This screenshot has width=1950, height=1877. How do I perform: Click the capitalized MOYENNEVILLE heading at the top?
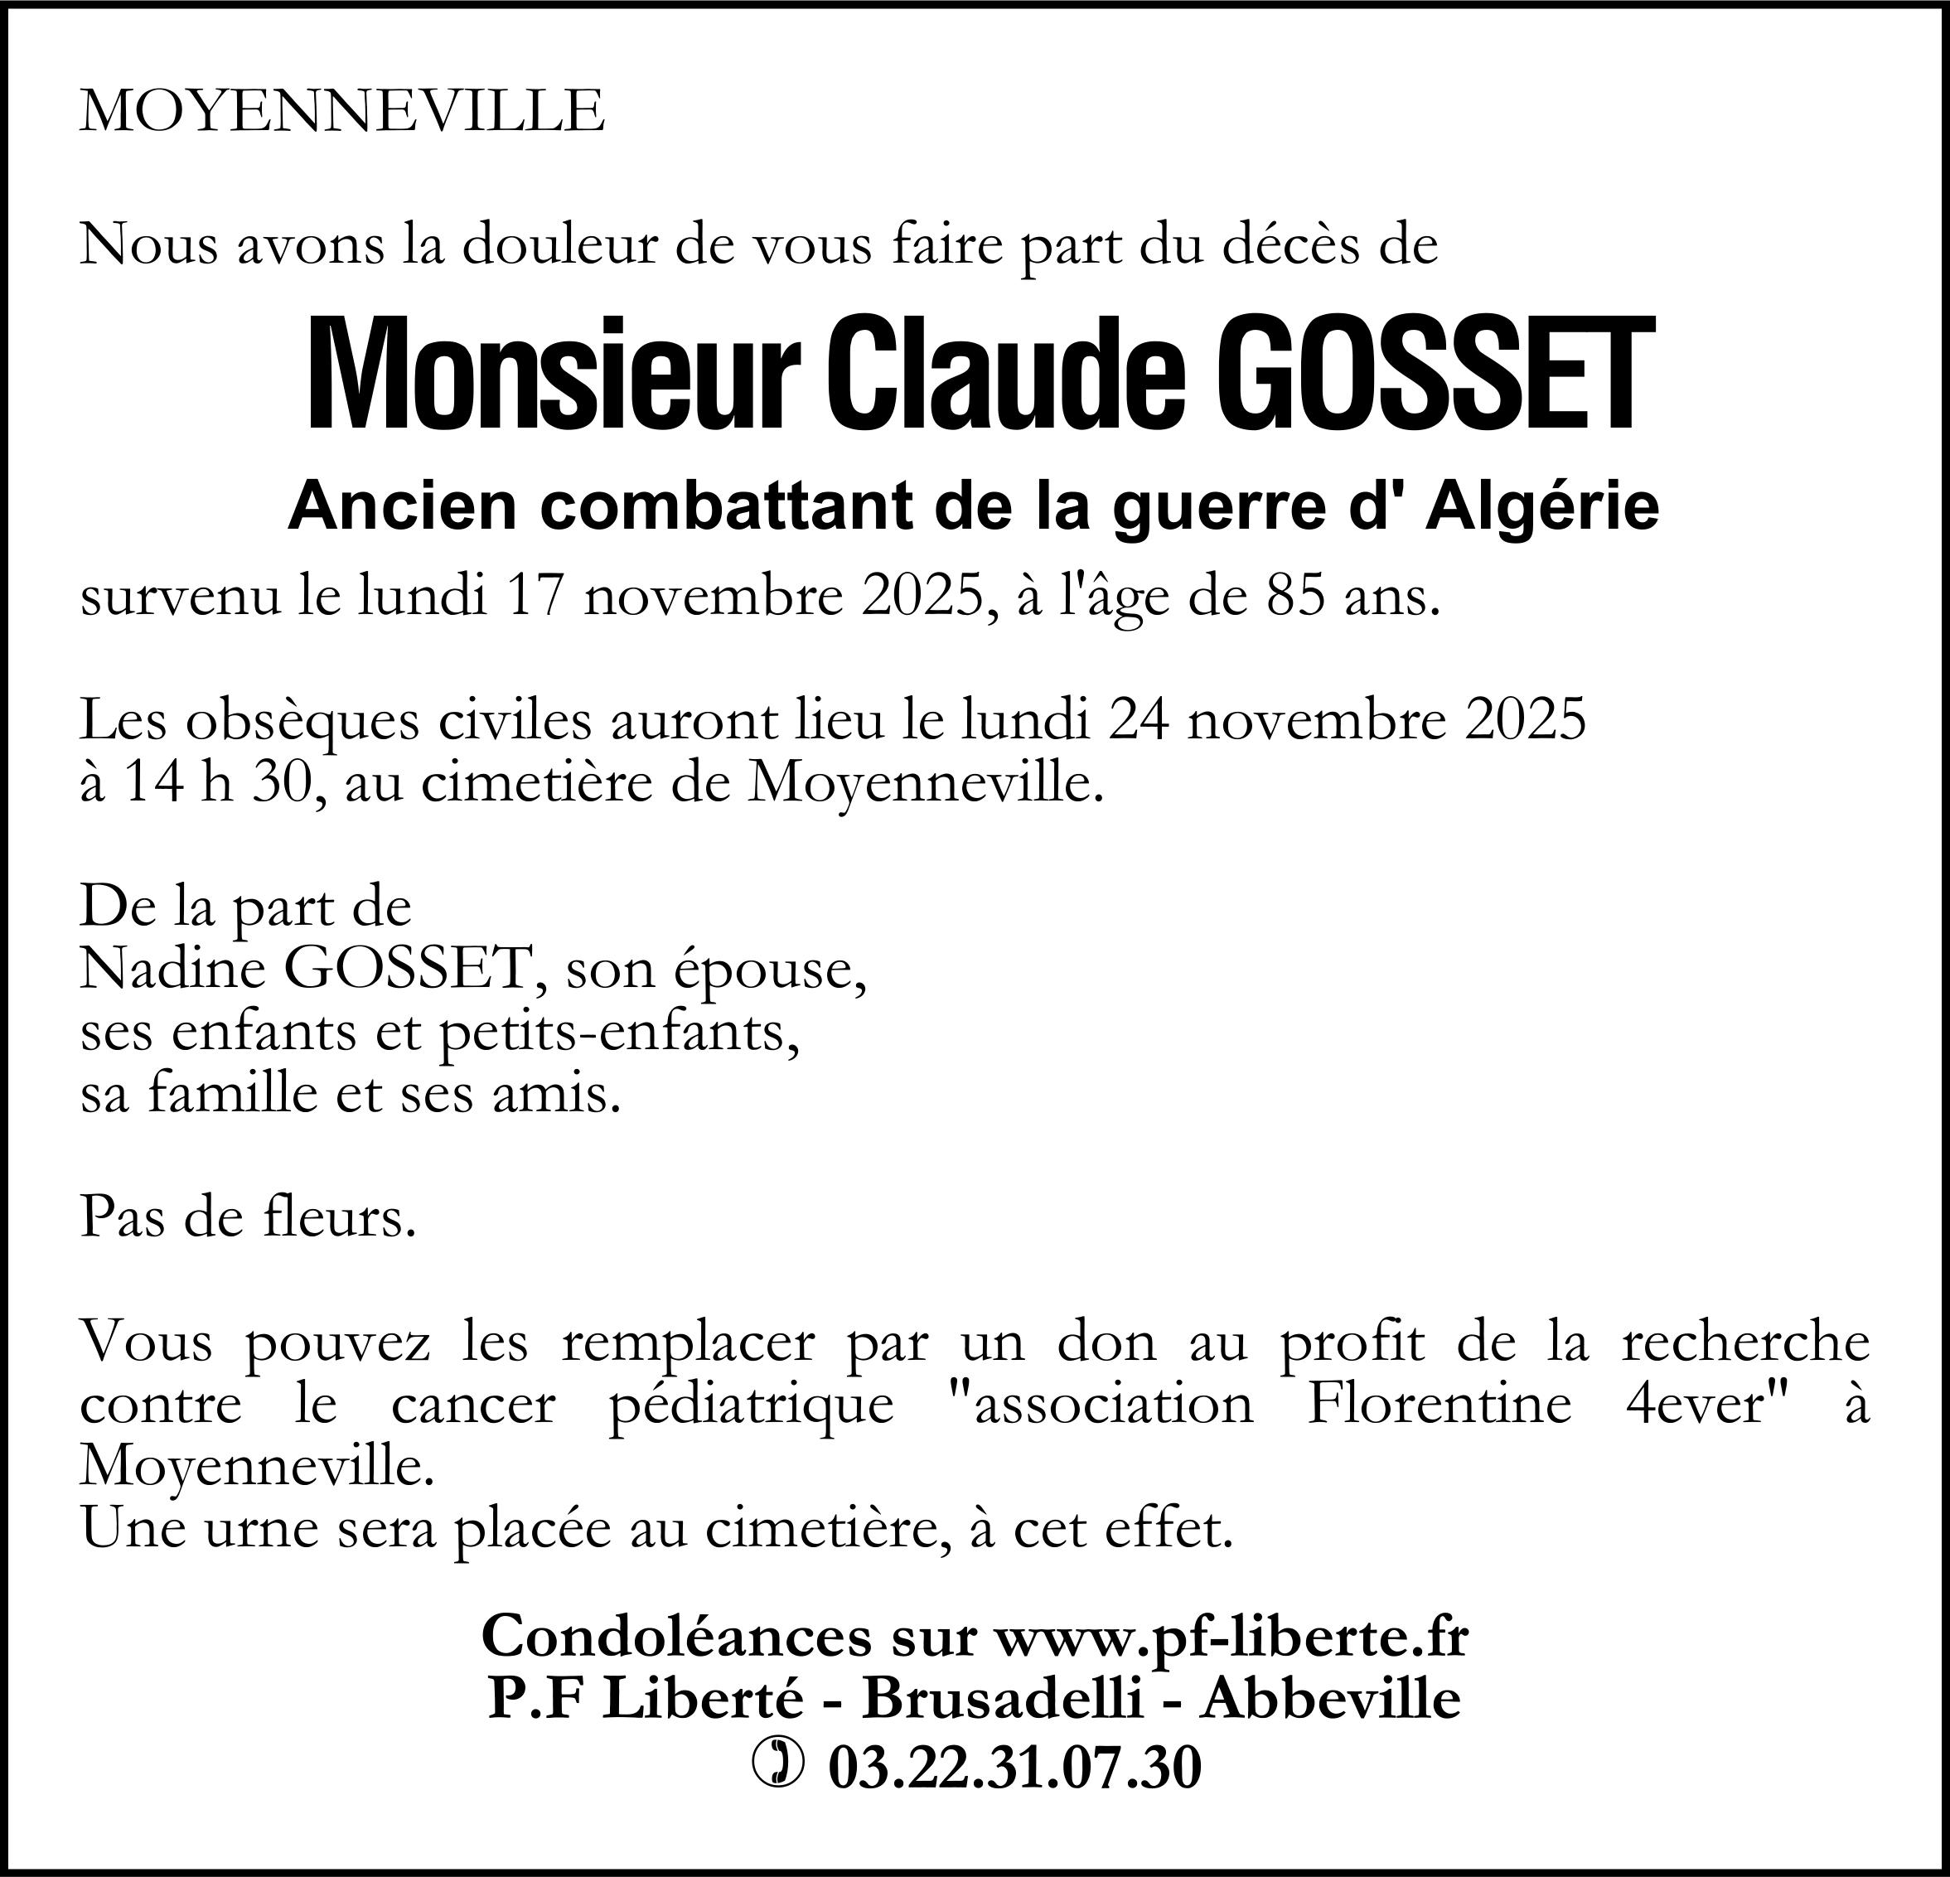[x=341, y=110]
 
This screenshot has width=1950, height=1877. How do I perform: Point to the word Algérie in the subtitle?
[x=1542, y=507]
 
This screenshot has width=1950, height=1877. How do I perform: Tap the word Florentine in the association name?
[x=1438, y=1405]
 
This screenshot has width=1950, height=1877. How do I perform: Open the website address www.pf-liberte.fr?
[x=1231, y=1637]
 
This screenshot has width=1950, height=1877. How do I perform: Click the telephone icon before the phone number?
[x=778, y=1763]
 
